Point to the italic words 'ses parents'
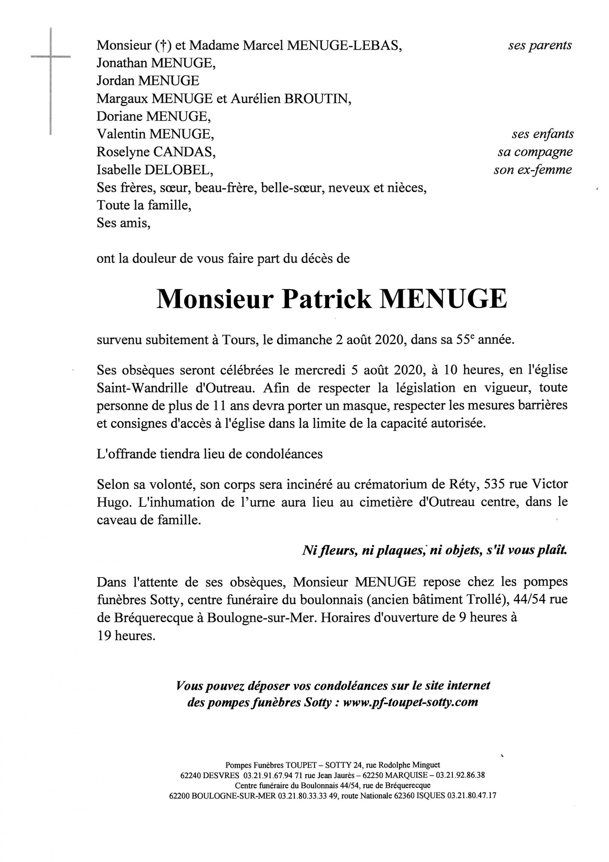click(x=540, y=45)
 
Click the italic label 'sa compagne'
click(x=535, y=152)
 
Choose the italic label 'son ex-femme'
click(x=532, y=170)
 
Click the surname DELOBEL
click(x=179, y=170)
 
